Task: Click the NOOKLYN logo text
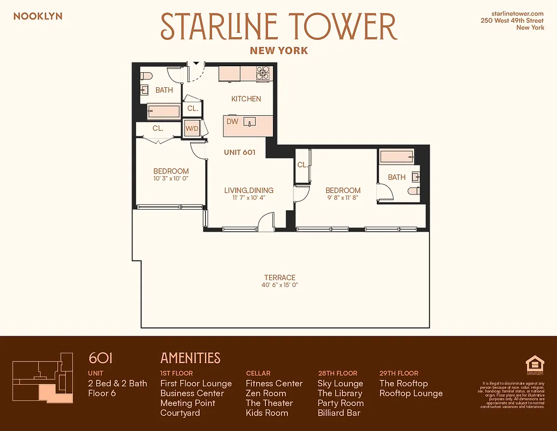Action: pyautogui.click(x=38, y=16)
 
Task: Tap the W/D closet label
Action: pyautogui.click(x=192, y=129)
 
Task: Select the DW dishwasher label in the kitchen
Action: pyautogui.click(x=232, y=122)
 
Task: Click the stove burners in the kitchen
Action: pyautogui.click(x=263, y=73)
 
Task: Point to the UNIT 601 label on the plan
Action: pyautogui.click(x=239, y=152)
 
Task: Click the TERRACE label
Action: pyautogui.click(x=280, y=277)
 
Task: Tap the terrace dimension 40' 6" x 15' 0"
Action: pyautogui.click(x=280, y=285)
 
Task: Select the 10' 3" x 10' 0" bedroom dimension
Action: pyautogui.click(x=171, y=178)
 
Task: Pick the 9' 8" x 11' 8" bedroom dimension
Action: pyautogui.click(x=343, y=198)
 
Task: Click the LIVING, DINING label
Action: pyautogui.click(x=249, y=190)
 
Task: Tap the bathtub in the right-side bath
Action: pyautogui.click(x=397, y=157)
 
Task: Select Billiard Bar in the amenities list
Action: pyautogui.click(x=339, y=413)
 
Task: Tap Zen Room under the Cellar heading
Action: pyautogui.click(x=266, y=393)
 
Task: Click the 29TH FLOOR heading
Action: pyautogui.click(x=399, y=373)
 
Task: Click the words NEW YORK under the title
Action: pyautogui.click(x=279, y=51)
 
